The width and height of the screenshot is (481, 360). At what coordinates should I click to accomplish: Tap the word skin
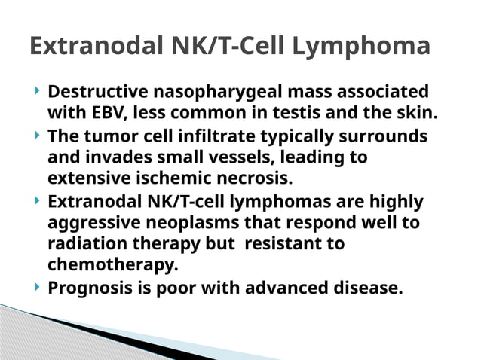click(415, 114)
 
